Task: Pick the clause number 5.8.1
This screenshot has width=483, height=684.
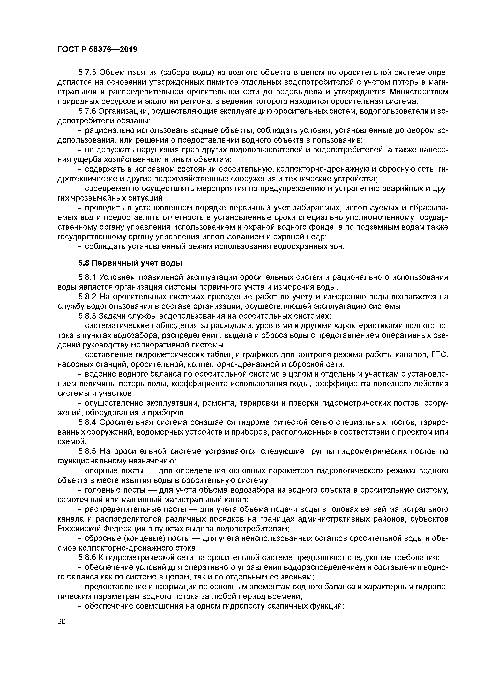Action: pyautogui.click(x=87, y=277)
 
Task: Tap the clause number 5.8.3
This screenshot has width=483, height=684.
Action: pyautogui.click(x=87, y=316)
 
